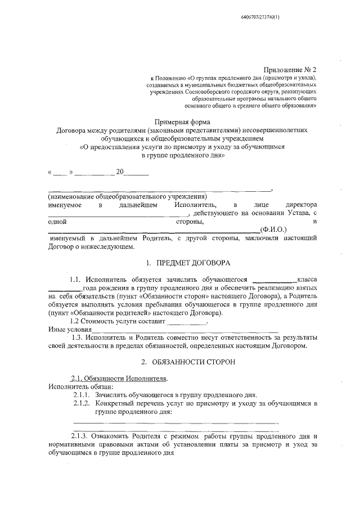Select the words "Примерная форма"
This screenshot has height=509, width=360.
click(x=183, y=121)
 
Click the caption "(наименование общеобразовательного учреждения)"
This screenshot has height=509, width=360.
click(x=127, y=197)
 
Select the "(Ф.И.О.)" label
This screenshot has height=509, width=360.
click(x=274, y=230)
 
